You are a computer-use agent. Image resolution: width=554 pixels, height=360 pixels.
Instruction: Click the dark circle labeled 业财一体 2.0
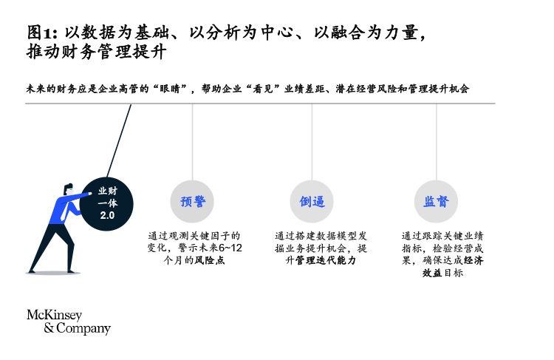pos(106,204)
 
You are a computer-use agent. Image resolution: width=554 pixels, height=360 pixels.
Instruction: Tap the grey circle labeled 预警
pos(192,202)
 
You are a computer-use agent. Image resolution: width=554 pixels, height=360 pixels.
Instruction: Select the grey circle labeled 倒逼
pos(312,202)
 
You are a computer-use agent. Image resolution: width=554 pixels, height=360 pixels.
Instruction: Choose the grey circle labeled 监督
pos(436,202)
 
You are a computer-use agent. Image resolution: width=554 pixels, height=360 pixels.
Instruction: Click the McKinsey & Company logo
pos(69,322)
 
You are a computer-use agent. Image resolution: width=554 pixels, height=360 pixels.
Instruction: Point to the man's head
pos(69,189)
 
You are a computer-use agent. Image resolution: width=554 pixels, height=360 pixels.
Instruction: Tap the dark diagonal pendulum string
pos(119,140)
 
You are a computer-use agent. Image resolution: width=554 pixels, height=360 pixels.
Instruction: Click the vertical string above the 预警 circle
pos(192,142)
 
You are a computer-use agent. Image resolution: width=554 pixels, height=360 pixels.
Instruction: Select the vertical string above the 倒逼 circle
pos(312,142)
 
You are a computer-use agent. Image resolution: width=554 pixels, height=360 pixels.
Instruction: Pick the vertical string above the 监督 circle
pos(436,142)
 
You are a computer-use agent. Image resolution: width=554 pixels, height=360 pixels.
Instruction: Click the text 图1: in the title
pos(42,33)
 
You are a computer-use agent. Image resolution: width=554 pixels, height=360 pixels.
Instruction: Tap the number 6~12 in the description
pos(230,248)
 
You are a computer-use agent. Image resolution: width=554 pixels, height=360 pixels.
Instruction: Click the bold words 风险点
pos(210,260)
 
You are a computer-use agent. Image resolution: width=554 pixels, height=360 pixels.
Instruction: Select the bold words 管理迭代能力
pos(326,260)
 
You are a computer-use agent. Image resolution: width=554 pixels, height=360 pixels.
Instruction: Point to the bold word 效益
pos(432,273)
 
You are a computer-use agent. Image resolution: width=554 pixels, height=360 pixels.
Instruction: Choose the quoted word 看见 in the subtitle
pos(263,89)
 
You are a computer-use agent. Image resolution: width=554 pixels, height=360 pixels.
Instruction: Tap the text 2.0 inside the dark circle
pos(107,215)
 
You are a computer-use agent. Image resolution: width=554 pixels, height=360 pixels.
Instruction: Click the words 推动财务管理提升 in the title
pos(96,52)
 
